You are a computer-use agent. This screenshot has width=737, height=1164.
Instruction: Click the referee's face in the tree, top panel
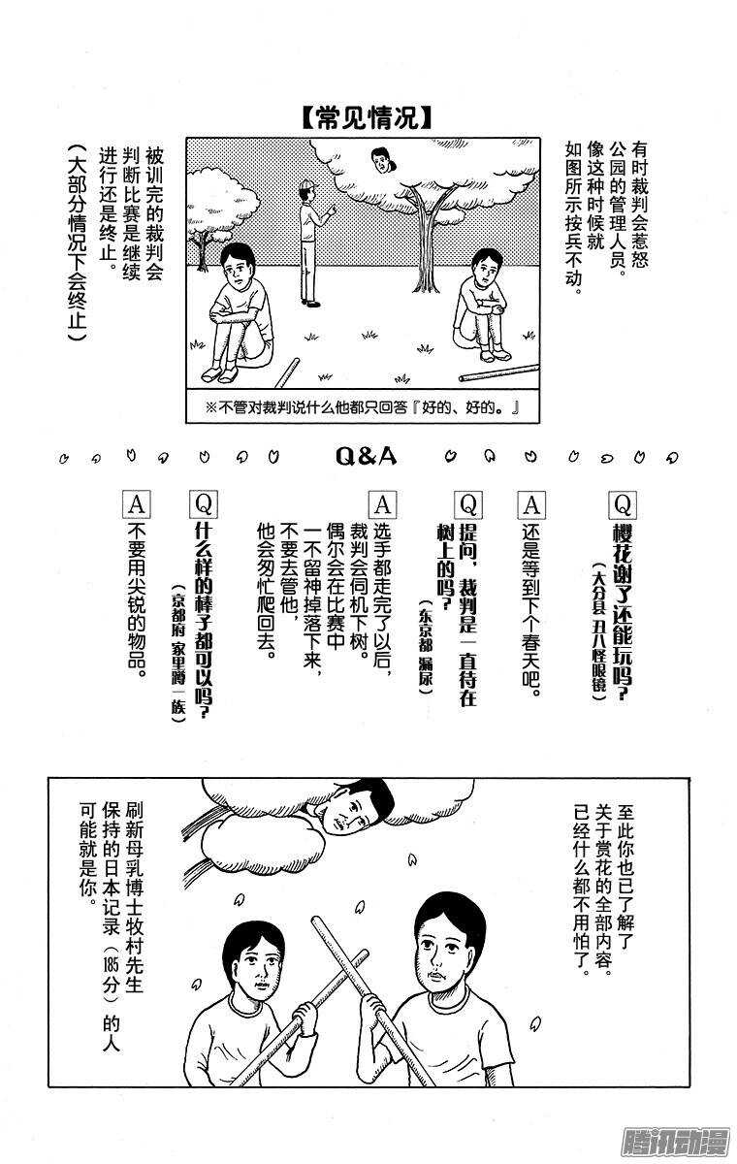[383, 159]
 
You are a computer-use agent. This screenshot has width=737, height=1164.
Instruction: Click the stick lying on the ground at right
[498, 372]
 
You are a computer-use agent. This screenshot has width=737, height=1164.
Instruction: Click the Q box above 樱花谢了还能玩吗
[622, 503]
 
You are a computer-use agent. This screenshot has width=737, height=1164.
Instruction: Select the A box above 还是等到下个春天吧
[531, 503]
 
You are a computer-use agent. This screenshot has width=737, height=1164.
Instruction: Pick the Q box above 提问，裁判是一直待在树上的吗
[467, 503]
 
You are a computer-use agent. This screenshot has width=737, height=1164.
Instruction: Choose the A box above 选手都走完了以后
[382, 503]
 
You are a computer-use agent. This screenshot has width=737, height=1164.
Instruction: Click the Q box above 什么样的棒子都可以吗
[205, 503]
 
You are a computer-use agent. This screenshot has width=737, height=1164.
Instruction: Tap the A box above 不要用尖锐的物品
[137, 503]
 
